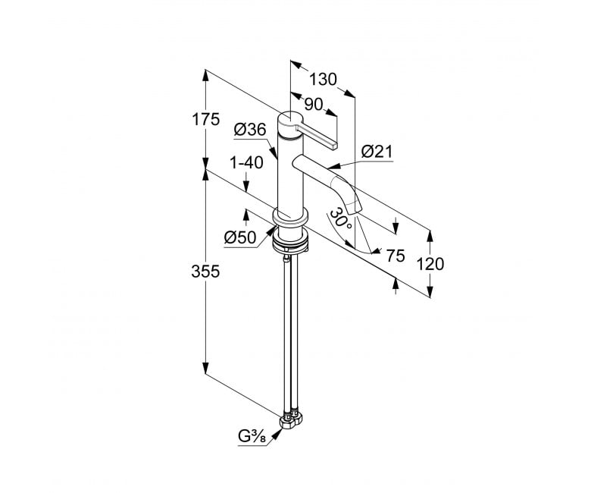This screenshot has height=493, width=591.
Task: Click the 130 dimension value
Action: click(x=323, y=80)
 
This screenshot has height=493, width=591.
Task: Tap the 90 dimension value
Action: click(x=314, y=105)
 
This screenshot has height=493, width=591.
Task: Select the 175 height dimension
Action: click(x=205, y=120)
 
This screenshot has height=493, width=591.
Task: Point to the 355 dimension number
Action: click(x=205, y=272)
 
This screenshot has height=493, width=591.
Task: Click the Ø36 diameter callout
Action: click(x=250, y=130)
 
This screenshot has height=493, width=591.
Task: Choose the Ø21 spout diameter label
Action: click(x=377, y=152)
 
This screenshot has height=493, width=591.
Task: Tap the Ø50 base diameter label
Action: click(x=240, y=237)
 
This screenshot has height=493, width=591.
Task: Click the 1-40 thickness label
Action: click(x=246, y=162)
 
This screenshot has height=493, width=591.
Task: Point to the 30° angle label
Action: click(x=341, y=218)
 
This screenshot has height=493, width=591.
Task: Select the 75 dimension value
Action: click(x=396, y=256)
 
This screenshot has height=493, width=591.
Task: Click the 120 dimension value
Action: click(x=430, y=264)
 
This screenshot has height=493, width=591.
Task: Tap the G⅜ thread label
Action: click(x=252, y=437)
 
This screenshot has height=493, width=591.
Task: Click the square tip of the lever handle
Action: click(x=334, y=146)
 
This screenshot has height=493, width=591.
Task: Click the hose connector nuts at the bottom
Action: click(x=292, y=420)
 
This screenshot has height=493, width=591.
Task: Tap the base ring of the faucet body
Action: click(x=290, y=218)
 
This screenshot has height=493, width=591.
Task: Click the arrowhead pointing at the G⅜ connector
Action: click(x=277, y=435)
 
